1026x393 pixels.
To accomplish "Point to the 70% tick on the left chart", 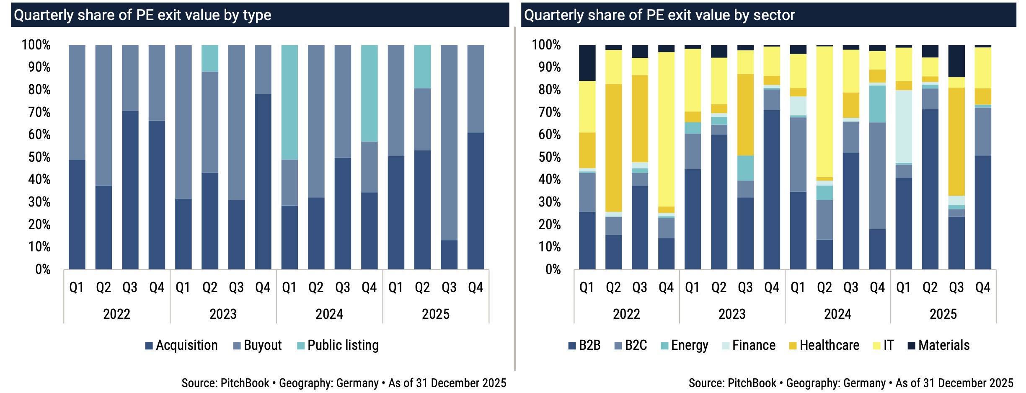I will (39, 112).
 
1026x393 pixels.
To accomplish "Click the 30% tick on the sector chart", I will (549, 202).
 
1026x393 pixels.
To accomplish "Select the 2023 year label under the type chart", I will (223, 314).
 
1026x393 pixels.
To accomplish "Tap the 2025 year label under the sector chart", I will (943, 314).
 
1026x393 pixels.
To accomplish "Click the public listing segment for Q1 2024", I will (289, 102).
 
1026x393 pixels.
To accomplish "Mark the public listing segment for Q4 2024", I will (369, 93).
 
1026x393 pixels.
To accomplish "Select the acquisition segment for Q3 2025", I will (449, 255).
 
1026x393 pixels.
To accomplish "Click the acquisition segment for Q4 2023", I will (263, 181).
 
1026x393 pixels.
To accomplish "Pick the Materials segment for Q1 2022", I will (587, 63).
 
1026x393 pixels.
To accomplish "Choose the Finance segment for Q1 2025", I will (904, 127).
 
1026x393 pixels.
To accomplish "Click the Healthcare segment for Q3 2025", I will (956, 142).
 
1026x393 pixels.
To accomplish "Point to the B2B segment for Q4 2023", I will (772, 189).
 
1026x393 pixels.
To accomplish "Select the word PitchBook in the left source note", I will (245, 383).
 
